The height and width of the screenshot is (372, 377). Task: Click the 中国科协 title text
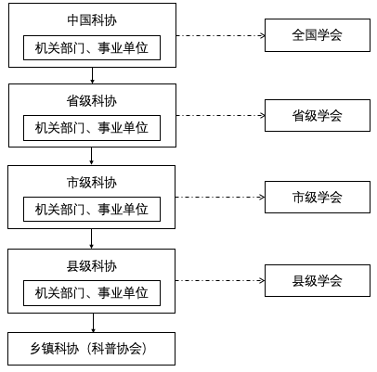tap(92, 20)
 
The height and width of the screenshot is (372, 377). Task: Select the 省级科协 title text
tap(92, 101)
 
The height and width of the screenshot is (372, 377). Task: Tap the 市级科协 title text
tap(92, 183)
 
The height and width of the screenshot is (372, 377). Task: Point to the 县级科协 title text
tap(92, 266)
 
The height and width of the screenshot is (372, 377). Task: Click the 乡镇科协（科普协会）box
tap(92, 349)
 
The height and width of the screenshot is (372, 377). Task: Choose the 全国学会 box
tap(318, 35)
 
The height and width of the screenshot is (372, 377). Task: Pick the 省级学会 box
tap(318, 115)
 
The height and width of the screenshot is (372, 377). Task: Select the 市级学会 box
tap(318, 197)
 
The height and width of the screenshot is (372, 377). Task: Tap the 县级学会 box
tap(318, 280)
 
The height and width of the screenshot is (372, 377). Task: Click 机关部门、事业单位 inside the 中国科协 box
tap(92, 48)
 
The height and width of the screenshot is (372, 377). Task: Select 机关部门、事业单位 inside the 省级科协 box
tap(92, 128)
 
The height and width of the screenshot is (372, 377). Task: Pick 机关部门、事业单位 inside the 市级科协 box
tap(92, 209)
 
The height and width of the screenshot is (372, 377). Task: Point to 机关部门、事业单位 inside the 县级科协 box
tap(92, 293)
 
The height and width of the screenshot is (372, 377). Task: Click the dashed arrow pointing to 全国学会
tap(221, 35)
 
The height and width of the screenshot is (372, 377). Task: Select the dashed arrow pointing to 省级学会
tap(221, 116)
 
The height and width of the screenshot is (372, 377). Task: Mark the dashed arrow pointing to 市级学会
tap(220, 197)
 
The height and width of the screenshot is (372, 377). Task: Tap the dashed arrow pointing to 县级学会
tap(220, 281)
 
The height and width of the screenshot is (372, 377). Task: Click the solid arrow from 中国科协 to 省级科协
tap(92, 75)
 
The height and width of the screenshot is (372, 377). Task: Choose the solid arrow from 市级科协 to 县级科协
tap(91, 238)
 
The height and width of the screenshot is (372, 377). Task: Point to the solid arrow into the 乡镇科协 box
tap(93, 323)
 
